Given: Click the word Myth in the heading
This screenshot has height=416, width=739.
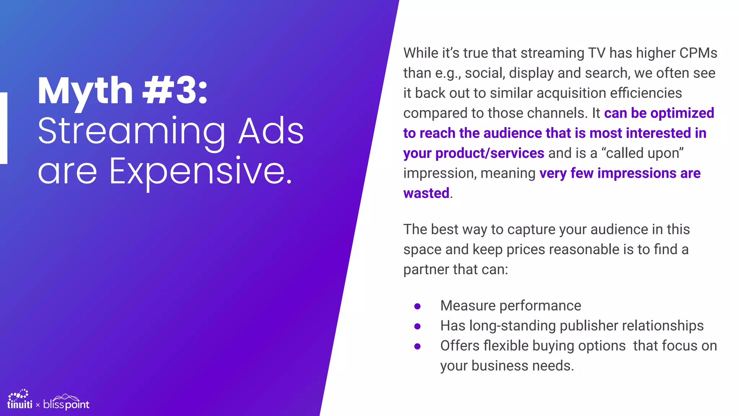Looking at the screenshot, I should pyautogui.click(x=85, y=91).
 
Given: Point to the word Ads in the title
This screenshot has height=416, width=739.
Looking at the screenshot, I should pyautogui.click(x=271, y=131).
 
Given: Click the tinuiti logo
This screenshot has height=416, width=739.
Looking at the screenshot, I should pyautogui.click(x=19, y=400).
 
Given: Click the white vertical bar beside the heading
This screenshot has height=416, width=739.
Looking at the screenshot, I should pyautogui.click(x=3, y=128).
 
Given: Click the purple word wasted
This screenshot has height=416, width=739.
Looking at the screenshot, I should pyautogui.click(x=426, y=193).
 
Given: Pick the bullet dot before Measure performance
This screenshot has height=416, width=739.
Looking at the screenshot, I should pyautogui.click(x=417, y=306).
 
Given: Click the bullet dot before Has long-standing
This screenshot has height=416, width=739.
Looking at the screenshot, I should pyautogui.click(x=417, y=326).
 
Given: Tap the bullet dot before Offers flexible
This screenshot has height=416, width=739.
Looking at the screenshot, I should pyautogui.click(x=417, y=346).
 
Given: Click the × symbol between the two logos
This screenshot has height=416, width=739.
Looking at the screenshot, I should pyautogui.click(x=38, y=405).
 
